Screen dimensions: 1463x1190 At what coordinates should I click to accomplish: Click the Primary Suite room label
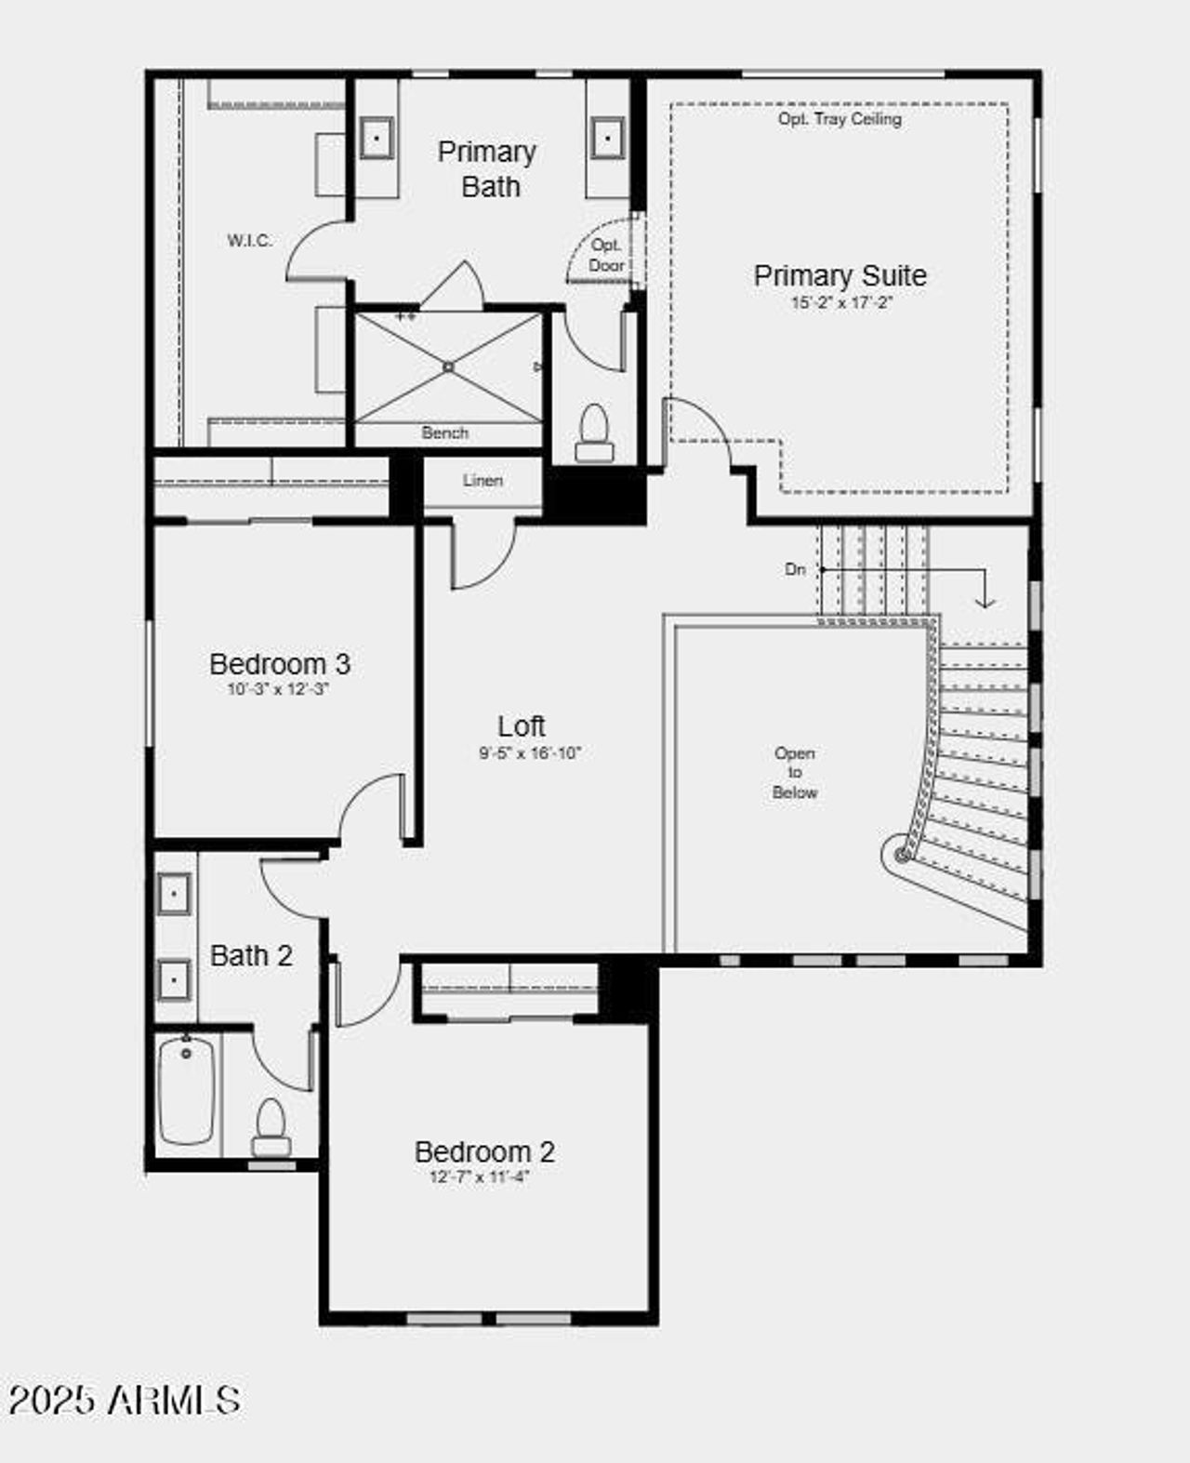click(840, 275)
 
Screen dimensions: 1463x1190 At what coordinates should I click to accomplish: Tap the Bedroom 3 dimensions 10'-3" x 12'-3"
click(278, 690)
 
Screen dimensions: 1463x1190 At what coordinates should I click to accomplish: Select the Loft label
click(522, 726)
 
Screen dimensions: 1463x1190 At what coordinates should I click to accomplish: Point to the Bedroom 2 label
click(484, 1151)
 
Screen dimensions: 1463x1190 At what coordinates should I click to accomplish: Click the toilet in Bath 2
click(271, 1126)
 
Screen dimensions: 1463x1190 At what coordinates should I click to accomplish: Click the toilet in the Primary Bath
click(594, 433)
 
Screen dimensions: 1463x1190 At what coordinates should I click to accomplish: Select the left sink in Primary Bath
click(377, 140)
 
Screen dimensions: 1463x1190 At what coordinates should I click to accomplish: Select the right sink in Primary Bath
click(607, 140)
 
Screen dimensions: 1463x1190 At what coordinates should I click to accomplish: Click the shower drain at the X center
click(448, 367)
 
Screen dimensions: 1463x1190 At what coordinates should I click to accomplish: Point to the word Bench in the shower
click(444, 432)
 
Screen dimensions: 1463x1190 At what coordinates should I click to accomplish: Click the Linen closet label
click(483, 481)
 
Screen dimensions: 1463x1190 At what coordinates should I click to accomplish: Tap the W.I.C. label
click(250, 241)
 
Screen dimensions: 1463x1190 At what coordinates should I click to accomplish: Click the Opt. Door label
click(606, 255)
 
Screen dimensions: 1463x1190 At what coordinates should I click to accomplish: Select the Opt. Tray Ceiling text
click(840, 119)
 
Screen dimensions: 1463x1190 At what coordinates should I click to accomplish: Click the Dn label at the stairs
click(795, 569)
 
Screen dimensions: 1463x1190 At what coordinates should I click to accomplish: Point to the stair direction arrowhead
click(985, 603)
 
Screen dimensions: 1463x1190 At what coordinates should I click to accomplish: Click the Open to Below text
click(795, 773)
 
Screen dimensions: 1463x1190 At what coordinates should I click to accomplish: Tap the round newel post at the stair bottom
click(902, 854)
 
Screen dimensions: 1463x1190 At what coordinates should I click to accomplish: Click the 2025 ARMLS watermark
click(125, 1400)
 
